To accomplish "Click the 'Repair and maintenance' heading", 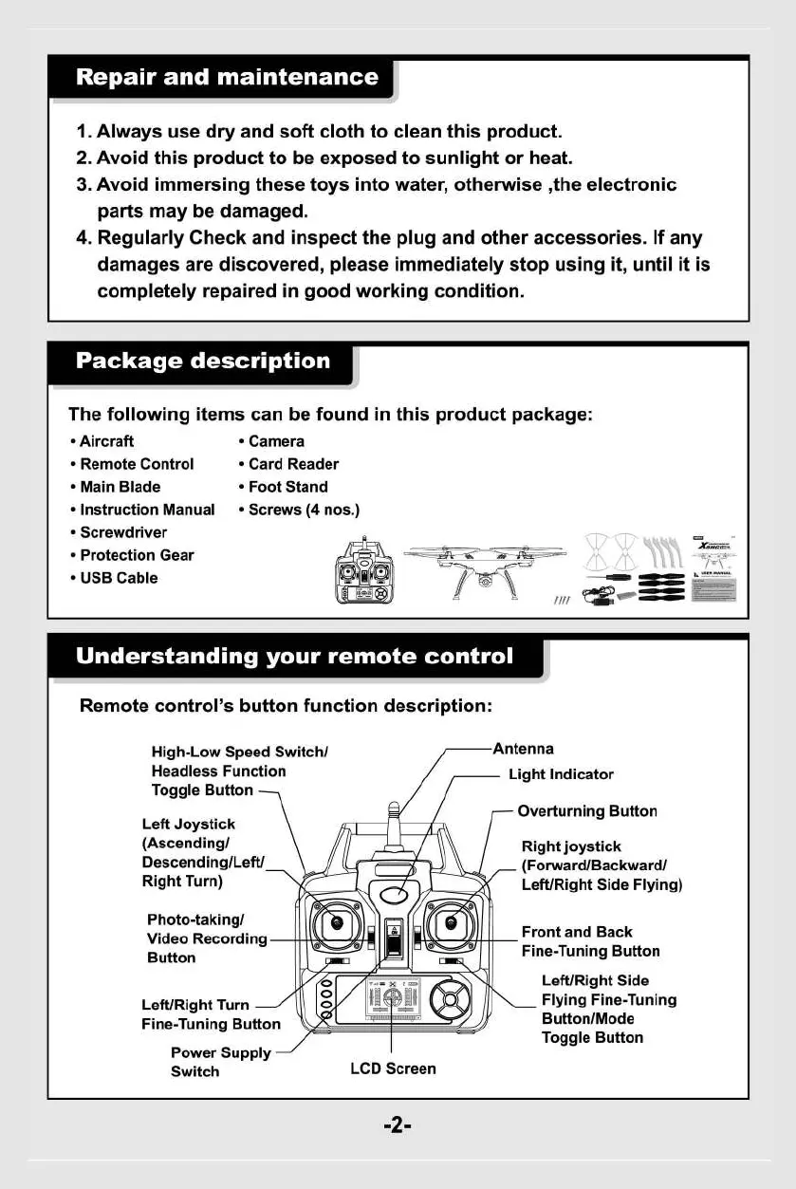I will click(x=227, y=77).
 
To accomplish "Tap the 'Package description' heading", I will click(x=203, y=361).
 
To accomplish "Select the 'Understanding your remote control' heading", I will click(x=294, y=657).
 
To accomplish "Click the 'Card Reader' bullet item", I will click(x=292, y=464).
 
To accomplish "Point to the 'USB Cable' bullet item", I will click(x=119, y=578).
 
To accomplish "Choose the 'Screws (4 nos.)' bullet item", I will click(x=304, y=510).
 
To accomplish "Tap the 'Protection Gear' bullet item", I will click(x=137, y=555).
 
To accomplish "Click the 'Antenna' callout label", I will click(x=524, y=749).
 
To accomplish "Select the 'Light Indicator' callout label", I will click(x=561, y=774).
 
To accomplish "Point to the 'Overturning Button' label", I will click(x=587, y=811).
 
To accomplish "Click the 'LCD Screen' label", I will click(x=393, y=1068).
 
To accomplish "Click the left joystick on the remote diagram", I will click(x=336, y=923).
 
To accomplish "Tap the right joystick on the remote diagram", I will click(x=452, y=923).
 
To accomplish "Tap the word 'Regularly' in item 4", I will click(x=139, y=238).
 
